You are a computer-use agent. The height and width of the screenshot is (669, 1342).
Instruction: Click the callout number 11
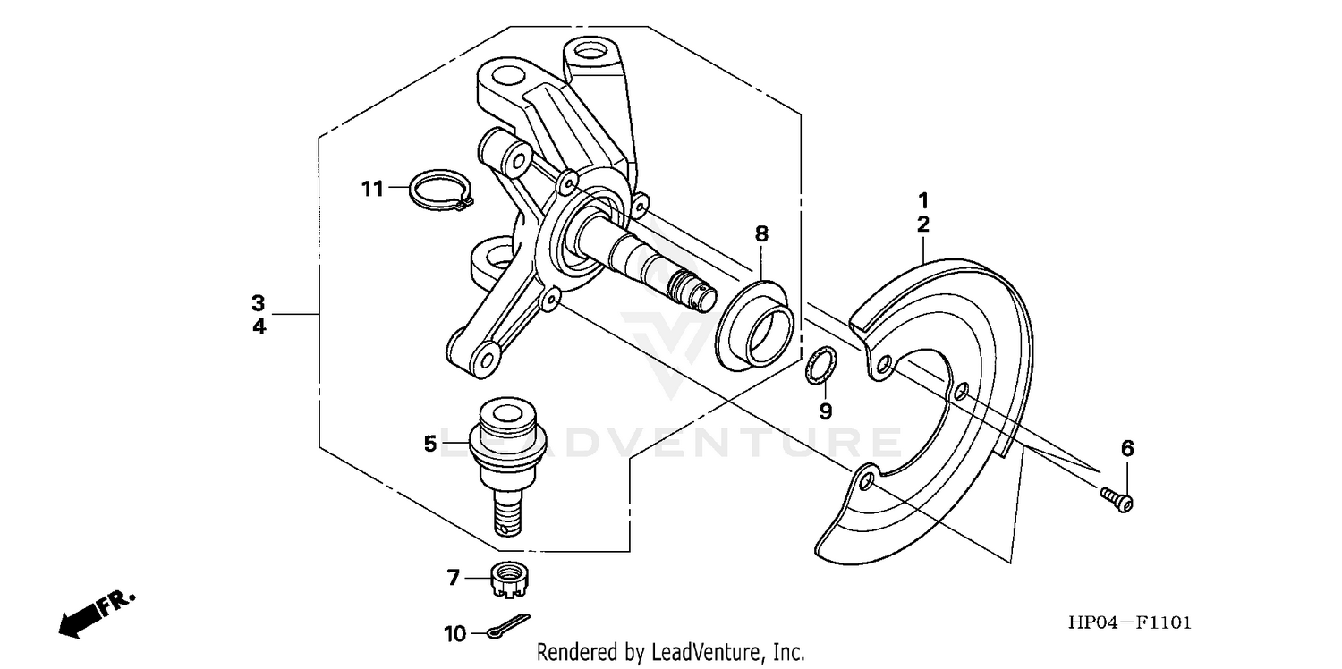pyautogui.click(x=372, y=189)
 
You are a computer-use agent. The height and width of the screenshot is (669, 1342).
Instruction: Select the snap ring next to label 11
pyautogui.click(x=439, y=191)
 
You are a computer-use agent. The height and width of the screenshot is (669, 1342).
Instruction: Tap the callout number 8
pyautogui.click(x=761, y=234)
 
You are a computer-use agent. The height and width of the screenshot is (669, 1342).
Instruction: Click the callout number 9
pyautogui.click(x=826, y=411)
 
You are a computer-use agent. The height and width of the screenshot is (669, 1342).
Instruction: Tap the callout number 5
pyautogui.click(x=430, y=443)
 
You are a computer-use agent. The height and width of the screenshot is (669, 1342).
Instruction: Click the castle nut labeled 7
pyautogui.click(x=508, y=580)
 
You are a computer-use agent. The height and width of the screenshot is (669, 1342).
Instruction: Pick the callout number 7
pyautogui.click(x=454, y=579)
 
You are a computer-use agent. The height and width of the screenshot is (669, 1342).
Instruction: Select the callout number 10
pyautogui.click(x=455, y=634)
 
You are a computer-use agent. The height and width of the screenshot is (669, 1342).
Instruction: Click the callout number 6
pyautogui.click(x=1126, y=446)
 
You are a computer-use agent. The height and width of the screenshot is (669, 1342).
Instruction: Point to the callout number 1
pyautogui.click(x=922, y=199)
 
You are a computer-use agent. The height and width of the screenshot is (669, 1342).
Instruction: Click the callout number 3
pyautogui.click(x=259, y=301)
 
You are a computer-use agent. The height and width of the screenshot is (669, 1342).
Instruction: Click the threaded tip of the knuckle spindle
pyautogui.click(x=698, y=286)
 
